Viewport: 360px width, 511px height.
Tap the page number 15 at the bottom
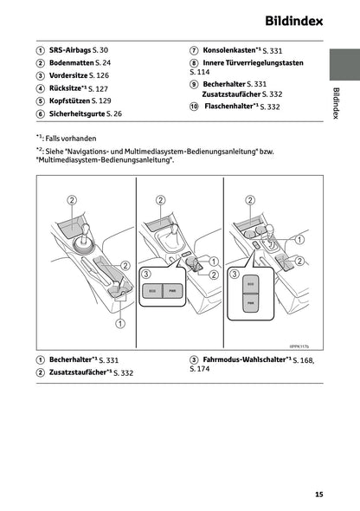tap(319, 495)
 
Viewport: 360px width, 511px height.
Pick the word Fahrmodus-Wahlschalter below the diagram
tap(244, 359)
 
